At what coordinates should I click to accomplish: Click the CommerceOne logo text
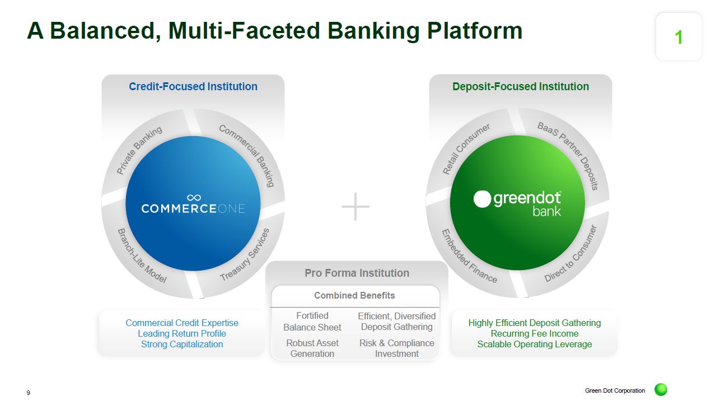(193, 208)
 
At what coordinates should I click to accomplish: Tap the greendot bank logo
(517, 203)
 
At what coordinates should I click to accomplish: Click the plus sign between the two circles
(355, 207)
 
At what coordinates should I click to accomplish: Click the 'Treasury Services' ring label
(245, 255)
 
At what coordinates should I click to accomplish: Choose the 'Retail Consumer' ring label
(466, 148)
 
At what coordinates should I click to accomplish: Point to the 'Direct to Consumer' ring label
(570, 253)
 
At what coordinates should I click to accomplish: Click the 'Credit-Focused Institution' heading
(193, 87)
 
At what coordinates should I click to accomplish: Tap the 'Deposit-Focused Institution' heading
(521, 87)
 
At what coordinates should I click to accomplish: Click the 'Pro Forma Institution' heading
(357, 273)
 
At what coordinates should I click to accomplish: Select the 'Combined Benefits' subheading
(354, 296)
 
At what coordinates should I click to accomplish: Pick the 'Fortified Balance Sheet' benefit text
(312, 322)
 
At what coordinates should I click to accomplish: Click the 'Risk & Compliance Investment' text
(396, 348)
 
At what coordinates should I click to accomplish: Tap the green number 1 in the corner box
(679, 38)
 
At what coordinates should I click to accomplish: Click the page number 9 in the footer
(29, 393)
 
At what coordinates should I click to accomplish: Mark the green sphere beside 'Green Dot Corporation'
(661, 390)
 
